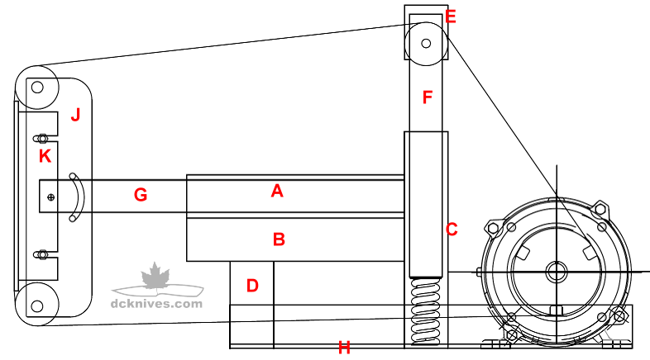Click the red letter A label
(277, 192)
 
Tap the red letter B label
(279, 239)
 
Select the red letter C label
(452, 230)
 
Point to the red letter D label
(252, 286)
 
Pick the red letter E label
(451, 17)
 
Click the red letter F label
(427, 97)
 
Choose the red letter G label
(141, 196)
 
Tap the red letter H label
(344, 348)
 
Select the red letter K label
(45, 155)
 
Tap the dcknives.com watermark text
(156, 303)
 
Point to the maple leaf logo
(154, 277)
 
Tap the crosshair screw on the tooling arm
(51, 197)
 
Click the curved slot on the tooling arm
(76, 197)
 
